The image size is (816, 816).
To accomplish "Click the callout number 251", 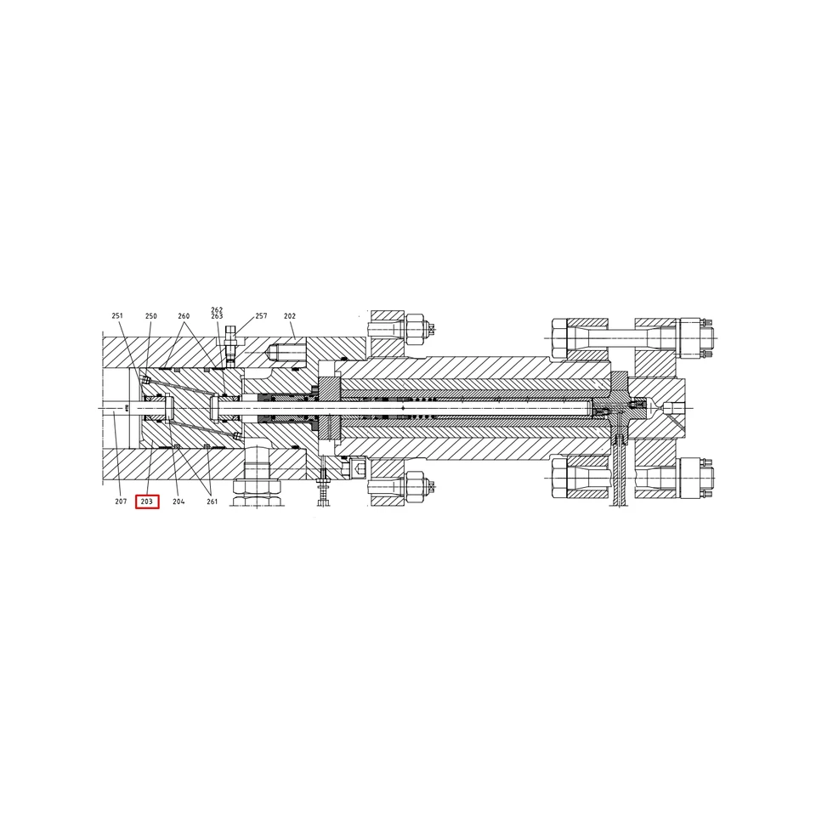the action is pyautogui.click(x=117, y=316).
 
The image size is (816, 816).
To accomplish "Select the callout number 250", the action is pyautogui.click(x=151, y=316).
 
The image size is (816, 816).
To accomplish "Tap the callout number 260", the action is pyautogui.click(x=184, y=316).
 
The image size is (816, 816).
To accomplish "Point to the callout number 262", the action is pyautogui.click(x=217, y=310).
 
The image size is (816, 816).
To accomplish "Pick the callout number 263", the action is pyautogui.click(x=217, y=316).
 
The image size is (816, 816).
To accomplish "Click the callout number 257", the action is pyautogui.click(x=261, y=316).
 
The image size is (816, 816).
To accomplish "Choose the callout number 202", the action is pyautogui.click(x=290, y=316).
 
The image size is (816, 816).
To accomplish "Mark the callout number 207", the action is pyautogui.click(x=121, y=501).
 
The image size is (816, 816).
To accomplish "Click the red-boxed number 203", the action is pyautogui.click(x=147, y=501).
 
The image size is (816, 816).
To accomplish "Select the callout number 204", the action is pyautogui.click(x=178, y=501).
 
